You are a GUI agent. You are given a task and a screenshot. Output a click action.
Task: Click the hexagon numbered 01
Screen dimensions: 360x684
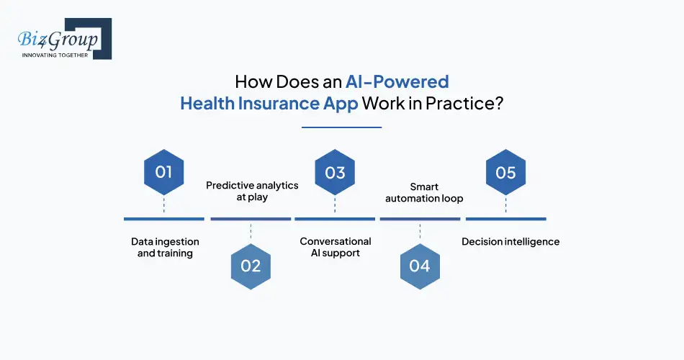click(163, 173)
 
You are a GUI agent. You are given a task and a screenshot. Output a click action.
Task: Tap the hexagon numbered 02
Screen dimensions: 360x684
click(251, 266)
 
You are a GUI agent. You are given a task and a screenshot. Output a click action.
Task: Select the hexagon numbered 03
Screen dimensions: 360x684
click(335, 173)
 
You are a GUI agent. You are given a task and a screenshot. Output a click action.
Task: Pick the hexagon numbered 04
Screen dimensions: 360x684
click(419, 266)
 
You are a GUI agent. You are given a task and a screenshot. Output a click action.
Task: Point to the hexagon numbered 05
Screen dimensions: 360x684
click(505, 173)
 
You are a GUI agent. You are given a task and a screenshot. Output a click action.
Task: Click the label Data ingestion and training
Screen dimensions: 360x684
click(165, 248)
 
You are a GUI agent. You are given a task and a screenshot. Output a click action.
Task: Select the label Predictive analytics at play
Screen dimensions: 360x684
click(252, 191)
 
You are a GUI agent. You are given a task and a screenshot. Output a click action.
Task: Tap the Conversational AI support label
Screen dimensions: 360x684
click(336, 247)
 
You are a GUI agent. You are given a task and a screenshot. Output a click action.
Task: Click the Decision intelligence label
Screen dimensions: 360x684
click(510, 242)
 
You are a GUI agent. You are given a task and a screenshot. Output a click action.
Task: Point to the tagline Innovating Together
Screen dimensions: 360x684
click(55, 55)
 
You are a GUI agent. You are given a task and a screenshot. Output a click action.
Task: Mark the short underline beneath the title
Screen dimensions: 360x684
click(341, 127)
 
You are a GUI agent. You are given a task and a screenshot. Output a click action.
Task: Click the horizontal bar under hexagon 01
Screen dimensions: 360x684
click(163, 218)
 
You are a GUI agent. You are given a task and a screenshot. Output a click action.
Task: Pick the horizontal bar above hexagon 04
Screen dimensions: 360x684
click(420, 218)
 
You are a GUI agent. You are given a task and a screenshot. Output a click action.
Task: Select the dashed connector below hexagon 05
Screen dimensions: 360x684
click(505, 205)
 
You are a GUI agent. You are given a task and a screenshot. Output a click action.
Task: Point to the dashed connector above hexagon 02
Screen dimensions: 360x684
click(251, 232)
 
